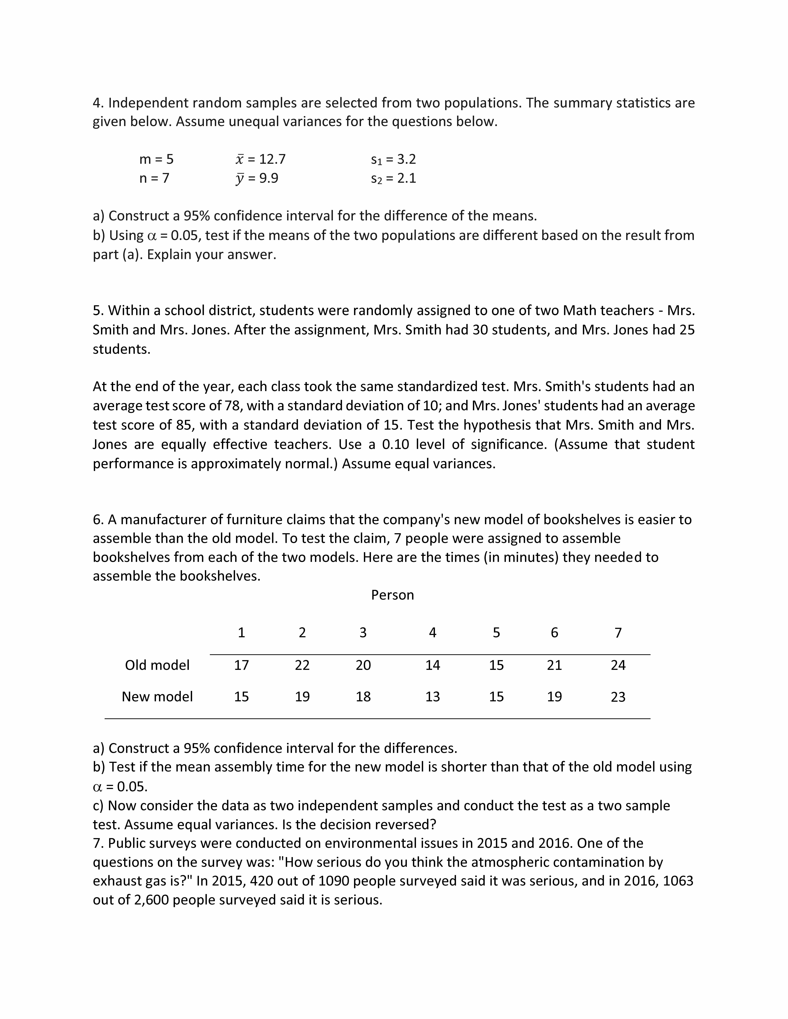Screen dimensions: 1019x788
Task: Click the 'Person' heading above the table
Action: pos(392,595)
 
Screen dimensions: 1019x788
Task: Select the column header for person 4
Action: pos(432,633)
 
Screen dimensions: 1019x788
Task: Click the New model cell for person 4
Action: pos(432,697)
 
